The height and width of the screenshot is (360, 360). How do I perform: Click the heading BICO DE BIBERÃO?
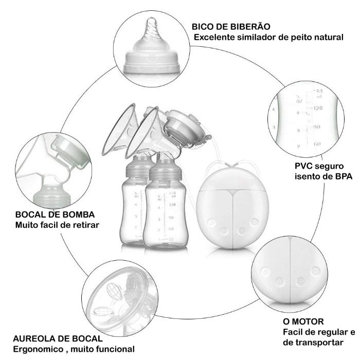pos(231,27)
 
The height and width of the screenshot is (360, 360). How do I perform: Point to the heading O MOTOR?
pos(304,321)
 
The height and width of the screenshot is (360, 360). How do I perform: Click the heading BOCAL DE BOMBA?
pos(55,214)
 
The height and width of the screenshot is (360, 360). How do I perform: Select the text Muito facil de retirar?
pos(57,225)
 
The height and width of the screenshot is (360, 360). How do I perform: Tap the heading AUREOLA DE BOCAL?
pos(58,338)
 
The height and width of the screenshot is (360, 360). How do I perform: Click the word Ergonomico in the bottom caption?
pos(37,349)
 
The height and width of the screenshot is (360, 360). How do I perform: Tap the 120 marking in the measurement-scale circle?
pos(317,108)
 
